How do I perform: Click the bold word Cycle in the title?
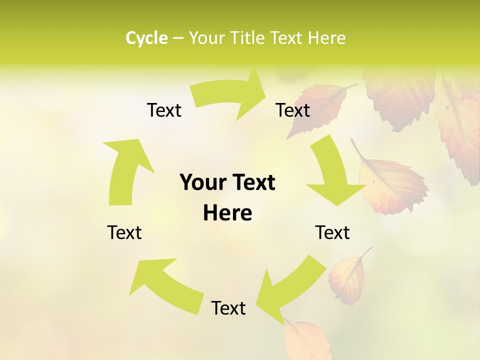(146, 38)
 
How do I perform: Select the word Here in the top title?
(326, 38)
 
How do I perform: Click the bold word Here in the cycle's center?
(227, 213)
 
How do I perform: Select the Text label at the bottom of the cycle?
(228, 308)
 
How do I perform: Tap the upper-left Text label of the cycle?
(164, 110)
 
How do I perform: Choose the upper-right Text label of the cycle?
(293, 110)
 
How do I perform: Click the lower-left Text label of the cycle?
(124, 232)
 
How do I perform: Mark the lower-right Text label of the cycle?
(332, 232)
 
